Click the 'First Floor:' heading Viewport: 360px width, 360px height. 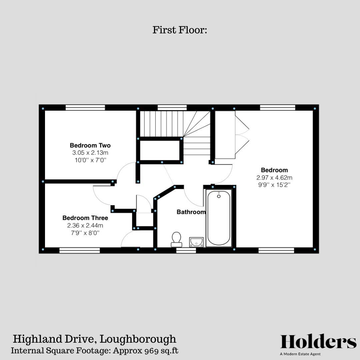[180, 30]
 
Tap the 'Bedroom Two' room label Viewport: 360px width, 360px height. [90, 145]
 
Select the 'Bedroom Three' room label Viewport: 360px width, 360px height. [85, 218]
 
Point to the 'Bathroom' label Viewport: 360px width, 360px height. [191, 212]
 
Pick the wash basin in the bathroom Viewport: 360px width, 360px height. [196, 242]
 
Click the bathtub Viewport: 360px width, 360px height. [219, 218]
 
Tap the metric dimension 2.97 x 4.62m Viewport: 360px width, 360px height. [274, 178]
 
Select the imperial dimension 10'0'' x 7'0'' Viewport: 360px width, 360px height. [90, 160]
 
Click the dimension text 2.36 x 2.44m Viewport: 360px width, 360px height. [85, 226]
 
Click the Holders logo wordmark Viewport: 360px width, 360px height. [318, 342]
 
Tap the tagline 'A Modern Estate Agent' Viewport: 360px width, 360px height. [300, 354]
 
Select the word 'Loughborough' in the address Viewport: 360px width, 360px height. [138, 339]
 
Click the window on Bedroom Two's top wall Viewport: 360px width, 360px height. [85, 107]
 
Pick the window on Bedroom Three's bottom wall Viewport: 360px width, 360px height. [80, 250]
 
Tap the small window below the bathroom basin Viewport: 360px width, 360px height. [186, 250]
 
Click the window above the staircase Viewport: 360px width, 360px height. [172, 107]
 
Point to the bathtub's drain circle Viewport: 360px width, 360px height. [219, 196]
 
